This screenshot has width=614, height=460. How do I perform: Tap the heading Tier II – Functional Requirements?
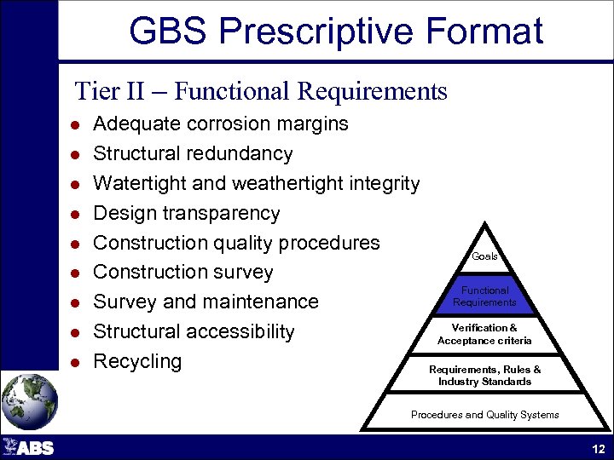[x=261, y=90]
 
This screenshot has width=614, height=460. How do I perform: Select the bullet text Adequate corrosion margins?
[x=220, y=124]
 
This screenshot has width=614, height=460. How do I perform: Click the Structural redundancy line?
[x=193, y=154]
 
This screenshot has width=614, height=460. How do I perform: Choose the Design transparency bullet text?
[x=186, y=214]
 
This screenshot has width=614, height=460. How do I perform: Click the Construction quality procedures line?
[x=236, y=243]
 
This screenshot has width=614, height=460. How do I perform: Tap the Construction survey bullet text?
[x=182, y=273]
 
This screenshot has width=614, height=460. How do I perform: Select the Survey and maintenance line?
[x=206, y=302]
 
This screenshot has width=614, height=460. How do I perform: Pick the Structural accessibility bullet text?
[x=194, y=331]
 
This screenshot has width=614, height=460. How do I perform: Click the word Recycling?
[x=137, y=361]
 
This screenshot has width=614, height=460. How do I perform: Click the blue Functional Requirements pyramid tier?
[x=484, y=296]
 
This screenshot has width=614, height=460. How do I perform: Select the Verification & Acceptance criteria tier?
[x=484, y=335]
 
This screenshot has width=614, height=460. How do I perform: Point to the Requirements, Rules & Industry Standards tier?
[x=484, y=376]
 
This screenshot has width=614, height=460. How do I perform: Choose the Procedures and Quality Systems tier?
[x=484, y=415]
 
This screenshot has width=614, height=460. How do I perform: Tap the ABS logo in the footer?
[x=29, y=447]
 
